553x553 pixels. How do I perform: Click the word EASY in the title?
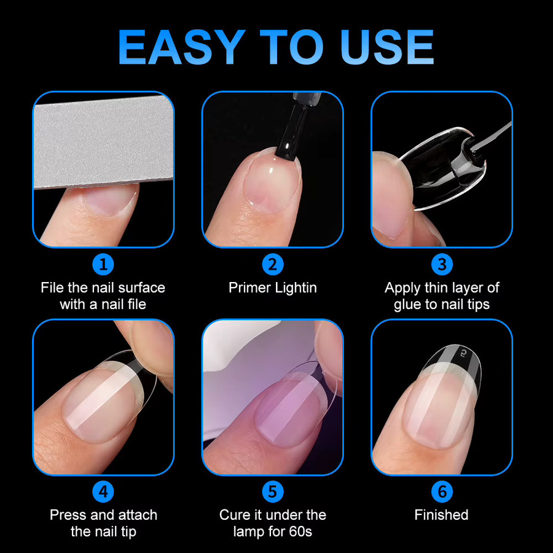[181, 47]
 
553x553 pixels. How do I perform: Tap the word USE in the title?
[387, 47]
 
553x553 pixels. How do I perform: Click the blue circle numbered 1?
[103, 264]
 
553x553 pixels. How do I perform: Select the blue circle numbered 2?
[273, 264]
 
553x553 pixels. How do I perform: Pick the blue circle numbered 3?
[442, 264]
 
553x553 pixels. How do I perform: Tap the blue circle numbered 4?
[103, 492]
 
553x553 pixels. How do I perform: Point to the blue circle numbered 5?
[273, 492]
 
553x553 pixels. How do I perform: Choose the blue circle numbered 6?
[442, 492]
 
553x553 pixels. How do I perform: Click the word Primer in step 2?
[249, 288]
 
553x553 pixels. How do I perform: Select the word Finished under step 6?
[442, 515]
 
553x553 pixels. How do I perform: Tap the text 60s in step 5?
[301, 531]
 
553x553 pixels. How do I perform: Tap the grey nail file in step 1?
[103, 141]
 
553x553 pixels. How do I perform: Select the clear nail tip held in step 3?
[444, 168]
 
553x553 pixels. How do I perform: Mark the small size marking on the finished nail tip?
[463, 352]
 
